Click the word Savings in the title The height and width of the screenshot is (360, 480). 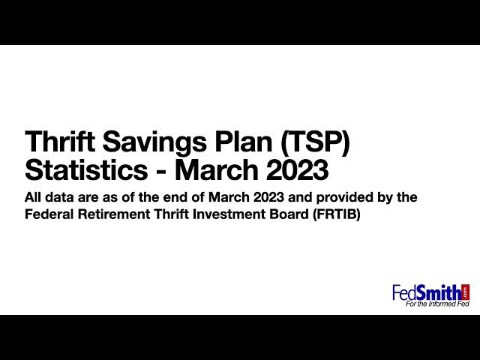(154, 142)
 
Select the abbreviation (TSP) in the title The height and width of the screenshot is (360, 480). (315, 142)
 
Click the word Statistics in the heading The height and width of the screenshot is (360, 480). (86, 169)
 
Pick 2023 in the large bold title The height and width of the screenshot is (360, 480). (297, 169)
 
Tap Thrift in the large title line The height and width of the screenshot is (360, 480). (60, 142)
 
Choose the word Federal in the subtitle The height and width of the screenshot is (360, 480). (49, 214)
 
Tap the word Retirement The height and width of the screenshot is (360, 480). (113, 214)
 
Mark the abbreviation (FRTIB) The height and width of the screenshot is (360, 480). (337, 214)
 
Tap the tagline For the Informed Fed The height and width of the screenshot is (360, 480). (437, 304)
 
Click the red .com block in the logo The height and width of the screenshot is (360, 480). (465, 292)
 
